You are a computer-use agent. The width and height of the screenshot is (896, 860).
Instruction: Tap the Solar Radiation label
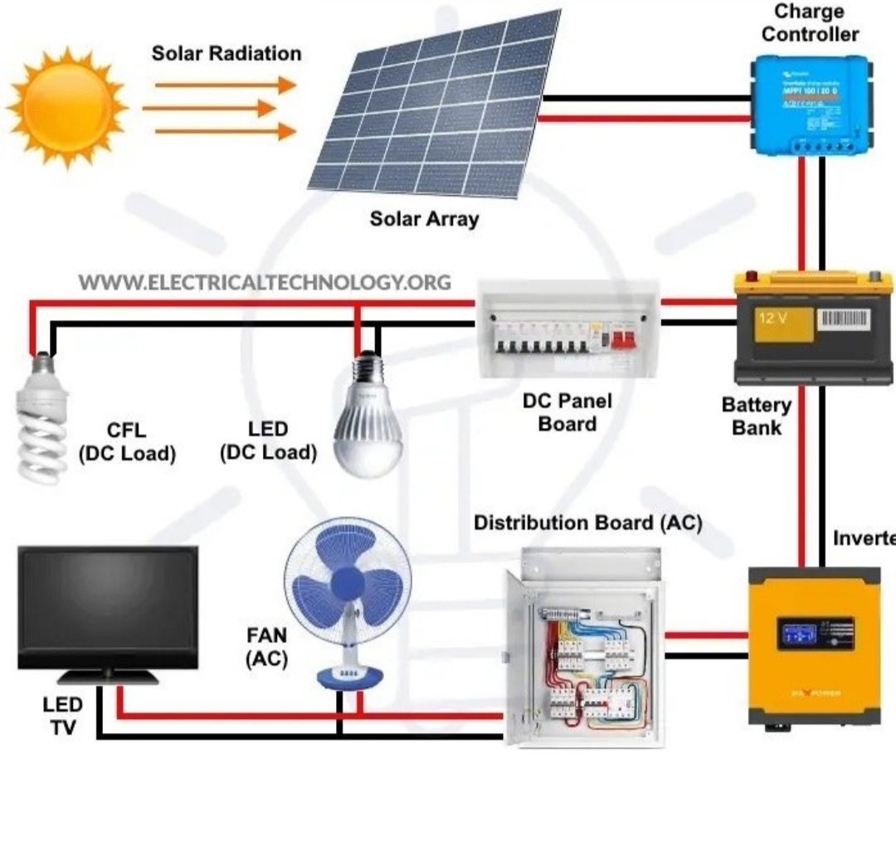(226, 54)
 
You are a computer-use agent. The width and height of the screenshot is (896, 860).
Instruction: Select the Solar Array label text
(424, 219)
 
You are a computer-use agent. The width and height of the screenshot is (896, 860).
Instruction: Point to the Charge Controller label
(810, 23)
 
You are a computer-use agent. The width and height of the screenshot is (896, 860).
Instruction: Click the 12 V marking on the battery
(773, 318)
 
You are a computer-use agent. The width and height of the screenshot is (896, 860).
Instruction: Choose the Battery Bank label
(756, 416)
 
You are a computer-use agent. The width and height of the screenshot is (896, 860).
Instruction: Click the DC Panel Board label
(567, 412)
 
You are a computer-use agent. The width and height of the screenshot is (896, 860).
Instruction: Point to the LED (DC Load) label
(268, 441)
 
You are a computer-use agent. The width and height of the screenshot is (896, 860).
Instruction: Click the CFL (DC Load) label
(127, 442)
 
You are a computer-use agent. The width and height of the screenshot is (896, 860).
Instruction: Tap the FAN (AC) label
(267, 647)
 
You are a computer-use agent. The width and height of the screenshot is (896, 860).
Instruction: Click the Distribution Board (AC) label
(587, 523)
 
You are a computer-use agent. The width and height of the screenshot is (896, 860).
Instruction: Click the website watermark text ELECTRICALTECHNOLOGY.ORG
(265, 282)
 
